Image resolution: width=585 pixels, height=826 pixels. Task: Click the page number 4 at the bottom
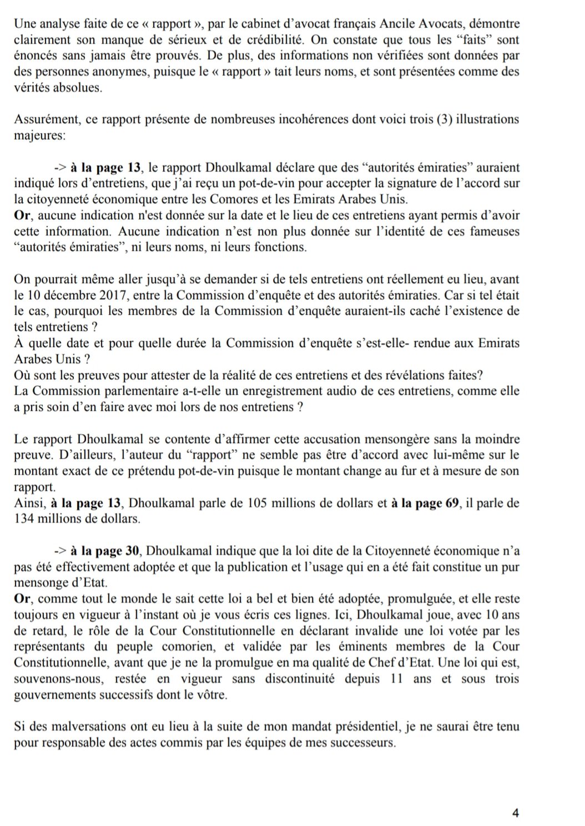pos(515,813)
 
